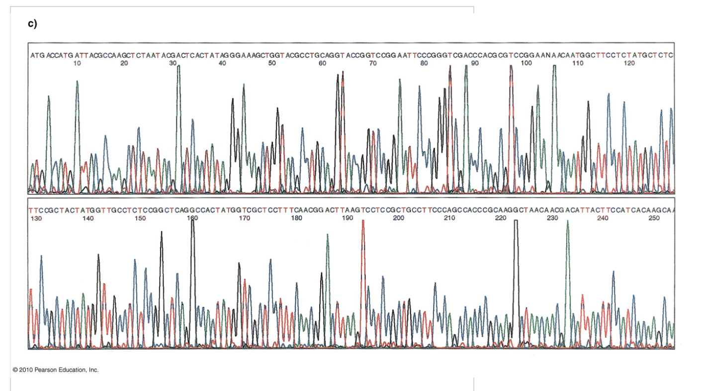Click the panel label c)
coord(32,24)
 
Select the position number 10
coord(77,64)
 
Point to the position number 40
coord(222,64)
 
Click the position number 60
coord(322,64)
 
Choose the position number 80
coord(423,64)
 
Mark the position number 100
coord(526,64)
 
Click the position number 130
coord(36,218)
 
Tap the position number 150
coord(140,218)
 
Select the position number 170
coord(244,218)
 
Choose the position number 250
coord(655,218)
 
